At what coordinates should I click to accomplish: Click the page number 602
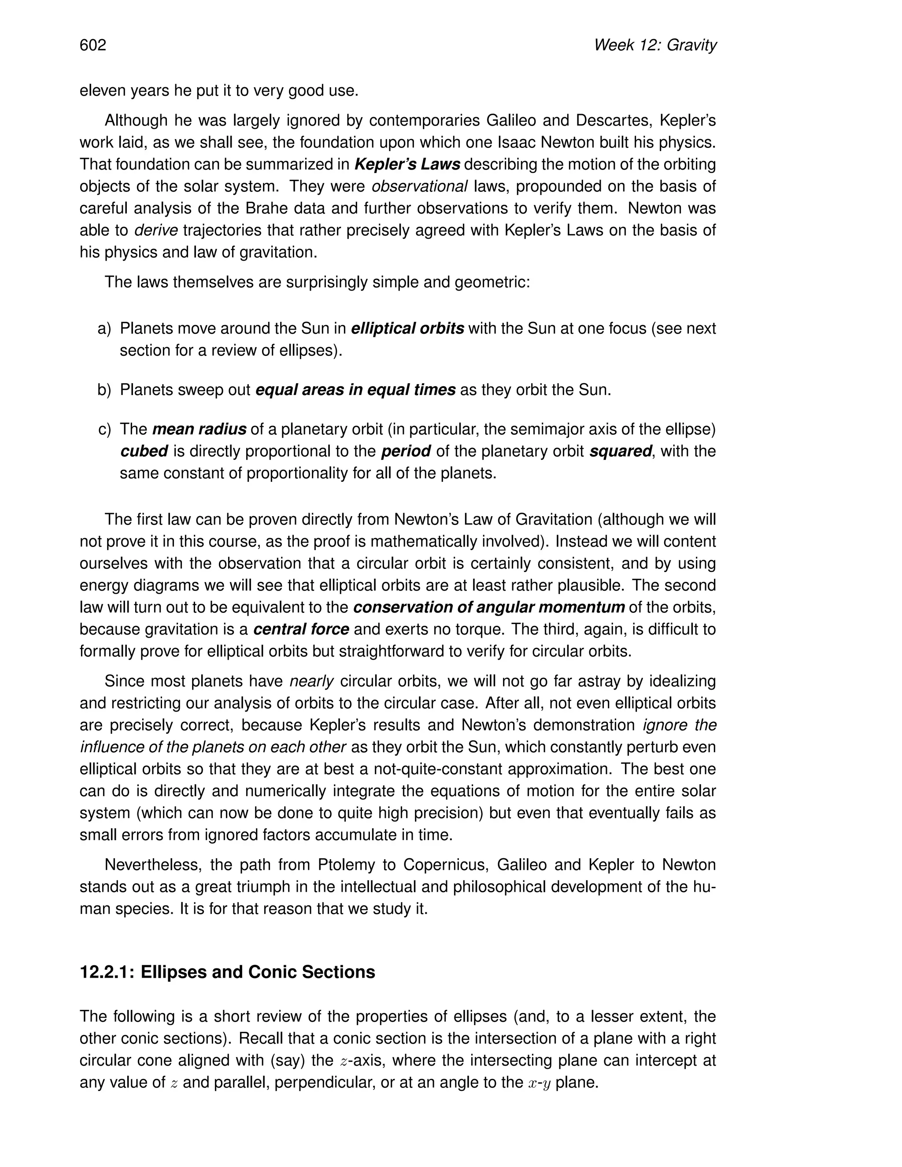[x=93, y=45]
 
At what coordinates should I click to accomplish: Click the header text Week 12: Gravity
[x=654, y=45]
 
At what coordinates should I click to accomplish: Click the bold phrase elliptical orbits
[x=407, y=328]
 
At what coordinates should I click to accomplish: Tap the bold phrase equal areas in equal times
[x=355, y=390]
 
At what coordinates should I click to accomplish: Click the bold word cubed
[x=144, y=451]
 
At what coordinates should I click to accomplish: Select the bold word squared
[x=621, y=451]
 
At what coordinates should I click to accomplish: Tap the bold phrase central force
[x=301, y=629]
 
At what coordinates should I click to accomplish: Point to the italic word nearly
[x=311, y=681]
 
